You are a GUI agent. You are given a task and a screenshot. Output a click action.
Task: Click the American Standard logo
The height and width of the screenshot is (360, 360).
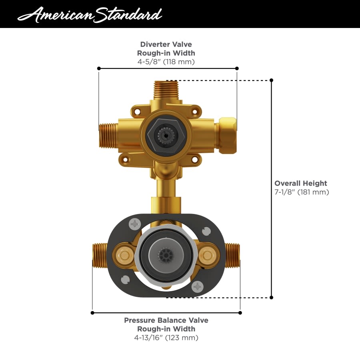pyautogui.click(x=90, y=14)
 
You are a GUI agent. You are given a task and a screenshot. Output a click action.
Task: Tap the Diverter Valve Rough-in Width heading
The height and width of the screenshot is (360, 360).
pyautogui.click(x=166, y=48)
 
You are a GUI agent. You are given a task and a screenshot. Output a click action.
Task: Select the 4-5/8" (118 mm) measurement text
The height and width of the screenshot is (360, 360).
pyautogui.click(x=166, y=62)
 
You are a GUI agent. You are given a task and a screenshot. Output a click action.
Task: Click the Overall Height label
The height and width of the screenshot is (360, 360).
pyautogui.click(x=301, y=183)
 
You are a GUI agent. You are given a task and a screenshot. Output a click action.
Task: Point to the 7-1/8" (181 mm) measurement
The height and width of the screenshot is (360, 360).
pyautogui.click(x=302, y=192)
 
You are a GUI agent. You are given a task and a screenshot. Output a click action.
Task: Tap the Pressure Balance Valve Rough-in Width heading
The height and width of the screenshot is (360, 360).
pyautogui.click(x=166, y=324)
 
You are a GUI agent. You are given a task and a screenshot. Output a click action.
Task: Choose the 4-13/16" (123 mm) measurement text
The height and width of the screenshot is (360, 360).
pyautogui.click(x=166, y=338)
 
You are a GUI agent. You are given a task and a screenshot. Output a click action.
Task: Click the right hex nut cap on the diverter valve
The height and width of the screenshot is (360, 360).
pyautogui.click(x=227, y=130)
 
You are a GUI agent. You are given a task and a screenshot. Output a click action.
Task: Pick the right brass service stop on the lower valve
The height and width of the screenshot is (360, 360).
pyautogui.click(x=207, y=254)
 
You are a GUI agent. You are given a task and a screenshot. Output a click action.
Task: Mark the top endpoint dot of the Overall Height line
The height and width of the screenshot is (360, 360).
pyautogui.click(x=272, y=80)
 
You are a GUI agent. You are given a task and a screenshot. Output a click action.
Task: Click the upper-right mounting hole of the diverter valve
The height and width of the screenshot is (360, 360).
pyautogui.click(x=195, y=112)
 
